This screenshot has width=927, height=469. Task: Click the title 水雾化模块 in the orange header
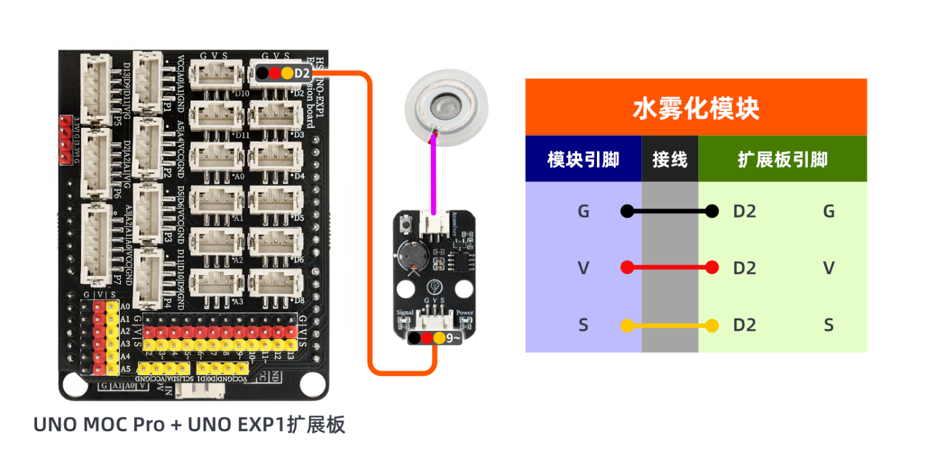click(x=696, y=109)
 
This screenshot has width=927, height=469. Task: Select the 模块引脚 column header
click(x=583, y=160)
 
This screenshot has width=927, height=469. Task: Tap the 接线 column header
click(x=670, y=160)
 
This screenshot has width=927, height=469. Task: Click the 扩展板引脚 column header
click(x=782, y=160)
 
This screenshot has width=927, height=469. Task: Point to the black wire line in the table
click(x=669, y=212)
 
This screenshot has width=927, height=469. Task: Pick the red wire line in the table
click(x=669, y=268)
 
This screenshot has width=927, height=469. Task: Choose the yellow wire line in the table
click(x=669, y=325)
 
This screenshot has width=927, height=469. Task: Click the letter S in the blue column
click(x=583, y=325)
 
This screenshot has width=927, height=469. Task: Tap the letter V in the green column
click(x=829, y=268)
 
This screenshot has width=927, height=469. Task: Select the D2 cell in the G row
click(x=745, y=212)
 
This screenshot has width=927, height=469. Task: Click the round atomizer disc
click(x=444, y=108)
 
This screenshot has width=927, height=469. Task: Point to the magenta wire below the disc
click(x=434, y=176)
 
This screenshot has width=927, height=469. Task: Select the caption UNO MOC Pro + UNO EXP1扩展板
click(x=189, y=425)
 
